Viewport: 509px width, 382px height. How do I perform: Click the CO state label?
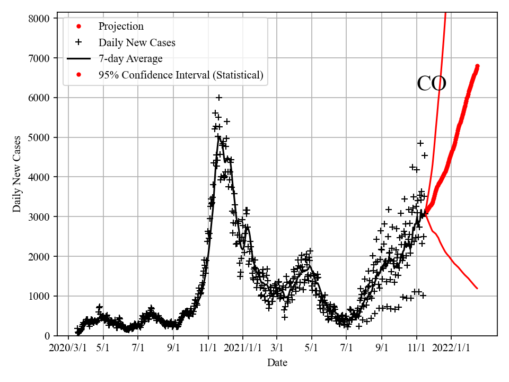[x=432, y=84]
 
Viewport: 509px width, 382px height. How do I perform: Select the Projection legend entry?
[x=121, y=27]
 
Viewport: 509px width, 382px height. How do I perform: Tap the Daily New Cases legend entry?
[x=137, y=42]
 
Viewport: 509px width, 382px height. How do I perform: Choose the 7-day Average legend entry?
[x=130, y=58]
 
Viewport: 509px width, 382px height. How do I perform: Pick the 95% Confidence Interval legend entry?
[x=181, y=75]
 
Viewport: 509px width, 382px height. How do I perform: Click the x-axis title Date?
[x=277, y=363]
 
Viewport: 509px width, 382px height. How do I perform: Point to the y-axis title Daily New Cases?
[x=17, y=174]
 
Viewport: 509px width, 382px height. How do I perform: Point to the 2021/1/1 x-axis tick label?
[x=243, y=349]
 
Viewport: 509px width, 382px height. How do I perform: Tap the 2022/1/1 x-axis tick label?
[x=452, y=349]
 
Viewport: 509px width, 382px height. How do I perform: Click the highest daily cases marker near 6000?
[x=219, y=98]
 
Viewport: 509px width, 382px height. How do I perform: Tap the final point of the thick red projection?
[x=477, y=66]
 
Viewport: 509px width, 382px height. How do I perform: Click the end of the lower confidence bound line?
[x=477, y=289]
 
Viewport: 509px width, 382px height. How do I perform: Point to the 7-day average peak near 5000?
[x=218, y=137]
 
